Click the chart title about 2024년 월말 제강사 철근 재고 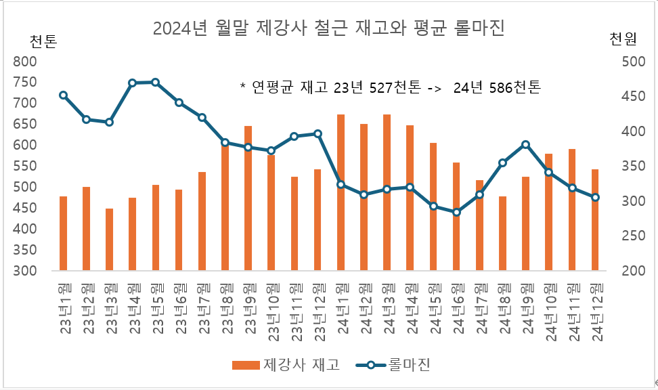coord(329,29)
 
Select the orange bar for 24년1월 coord(341,193)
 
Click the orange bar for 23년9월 coord(248,198)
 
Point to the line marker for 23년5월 coord(156,83)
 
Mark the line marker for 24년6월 coord(457,212)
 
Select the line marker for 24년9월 coord(526,144)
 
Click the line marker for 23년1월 coord(63,95)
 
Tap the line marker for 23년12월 coord(317,133)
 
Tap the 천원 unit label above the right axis coord(623,39)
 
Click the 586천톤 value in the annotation coord(516,87)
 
